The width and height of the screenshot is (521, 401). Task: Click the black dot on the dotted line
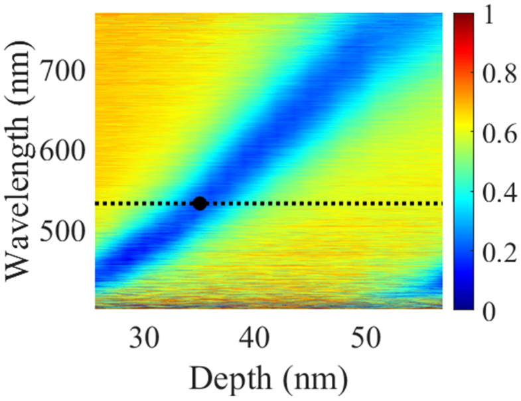(199, 204)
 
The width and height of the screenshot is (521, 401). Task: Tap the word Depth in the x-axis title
(227, 379)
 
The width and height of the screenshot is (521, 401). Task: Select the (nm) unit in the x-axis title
(313, 379)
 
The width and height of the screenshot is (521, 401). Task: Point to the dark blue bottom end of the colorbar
(462, 305)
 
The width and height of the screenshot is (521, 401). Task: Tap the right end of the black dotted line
(440, 204)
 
